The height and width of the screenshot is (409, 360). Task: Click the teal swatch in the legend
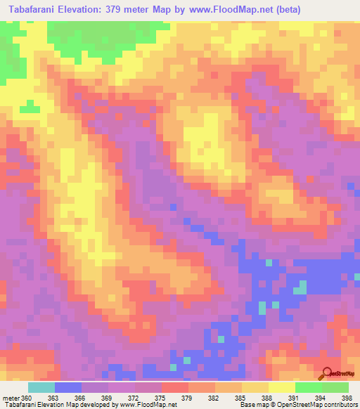41,387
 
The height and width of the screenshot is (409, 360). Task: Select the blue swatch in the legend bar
67,387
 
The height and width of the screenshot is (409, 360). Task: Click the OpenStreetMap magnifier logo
326,373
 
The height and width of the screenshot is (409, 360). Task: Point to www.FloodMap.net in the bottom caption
147,405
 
